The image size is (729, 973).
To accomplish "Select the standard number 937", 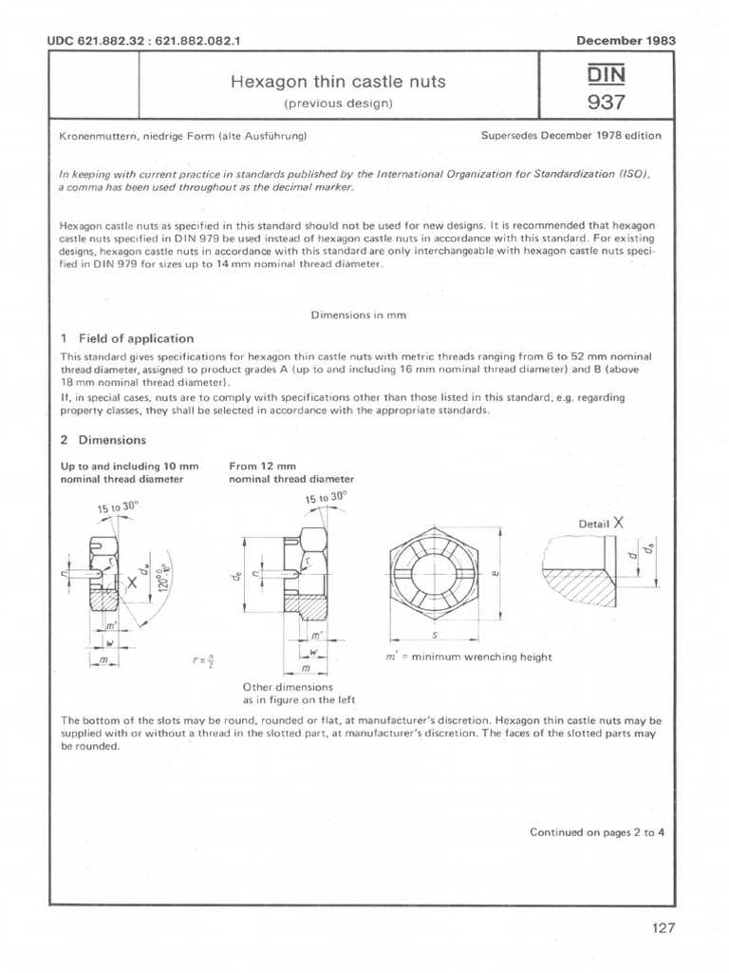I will pos(607,102).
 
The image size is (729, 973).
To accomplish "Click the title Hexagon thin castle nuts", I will pos(339,83).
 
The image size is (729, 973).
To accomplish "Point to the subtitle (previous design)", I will pos(339,104).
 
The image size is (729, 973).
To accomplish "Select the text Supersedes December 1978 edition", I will pos(571,136).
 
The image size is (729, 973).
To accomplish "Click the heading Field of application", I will pos(136,338).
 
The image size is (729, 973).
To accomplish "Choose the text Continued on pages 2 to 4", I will pos(596,832).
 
